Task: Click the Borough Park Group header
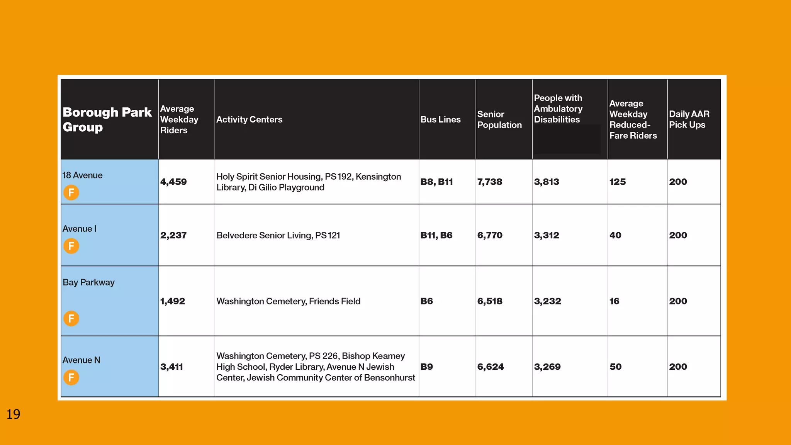click(x=107, y=119)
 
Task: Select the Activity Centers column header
click(x=249, y=120)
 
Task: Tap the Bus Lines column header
click(x=440, y=120)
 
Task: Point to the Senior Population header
click(x=499, y=120)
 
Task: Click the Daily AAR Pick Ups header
click(x=689, y=119)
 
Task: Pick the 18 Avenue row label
click(x=82, y=175)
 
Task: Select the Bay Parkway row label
click(x=88, y=282)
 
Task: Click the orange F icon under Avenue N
click(x=71, y=377)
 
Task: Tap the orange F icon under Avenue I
click(x=71, y=246)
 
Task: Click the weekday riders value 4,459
click(x=173, y=182)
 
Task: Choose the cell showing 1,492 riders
click(x=173, y=301)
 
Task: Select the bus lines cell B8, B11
click(x=436, y=182)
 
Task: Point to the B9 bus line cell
click(x=426, y=367)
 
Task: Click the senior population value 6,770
click(x=490, y=235)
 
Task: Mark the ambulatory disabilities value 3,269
click(x=547, y=367)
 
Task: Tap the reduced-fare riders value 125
click(x=618, y=182)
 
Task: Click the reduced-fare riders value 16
click(x=614, y=301)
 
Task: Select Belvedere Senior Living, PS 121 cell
click(x=278, y=236)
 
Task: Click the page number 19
click(x=13, y=414)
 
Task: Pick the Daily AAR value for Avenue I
click(x=678, y=235)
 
